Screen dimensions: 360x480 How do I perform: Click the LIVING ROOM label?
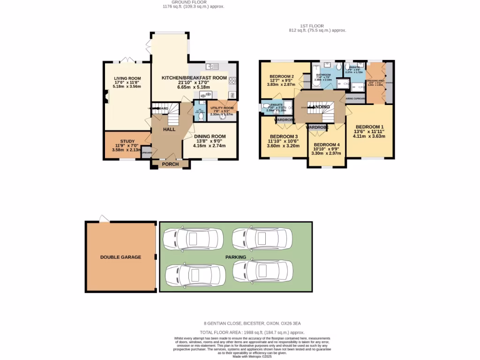(x=127, y=78)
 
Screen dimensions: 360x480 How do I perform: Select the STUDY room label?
(x=127, y=141)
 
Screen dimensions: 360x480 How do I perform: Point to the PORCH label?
(x=170, y=164)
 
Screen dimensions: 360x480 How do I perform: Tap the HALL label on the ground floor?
(x=169, y=129)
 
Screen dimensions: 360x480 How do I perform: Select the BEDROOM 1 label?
(x=369, y=127)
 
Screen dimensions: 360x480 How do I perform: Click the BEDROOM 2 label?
(x=281, y=76)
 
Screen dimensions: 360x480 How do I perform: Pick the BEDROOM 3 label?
(x=283, y=136)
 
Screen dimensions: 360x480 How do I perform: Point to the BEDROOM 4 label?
(x=327, y=145)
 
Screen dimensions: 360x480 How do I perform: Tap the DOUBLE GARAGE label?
(x=120, y=257)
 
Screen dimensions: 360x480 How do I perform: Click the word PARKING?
(x=236, y=257)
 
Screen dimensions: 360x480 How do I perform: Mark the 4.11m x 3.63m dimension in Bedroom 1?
(x=369, y=137)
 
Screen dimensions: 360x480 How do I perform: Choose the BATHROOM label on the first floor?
(x=323, y=75)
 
